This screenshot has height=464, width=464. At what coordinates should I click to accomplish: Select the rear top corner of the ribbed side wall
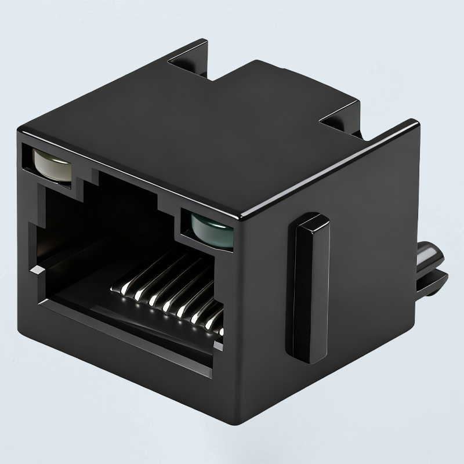coord(416,123)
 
